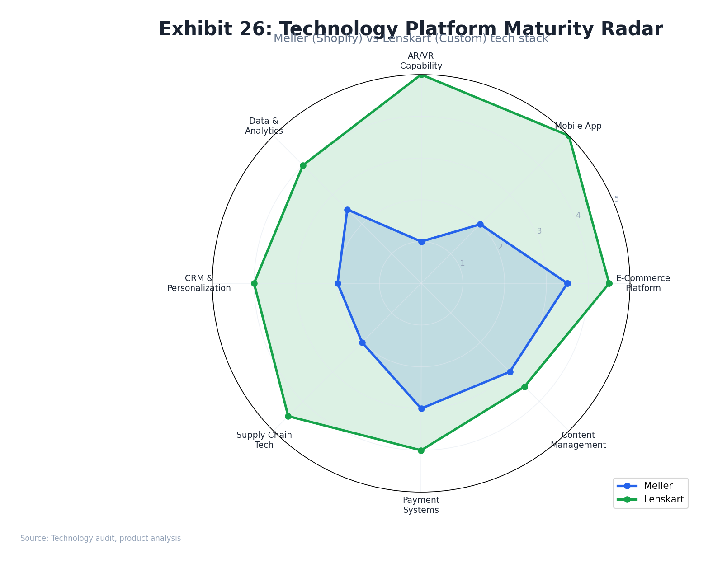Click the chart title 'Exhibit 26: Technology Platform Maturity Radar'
[411, 29]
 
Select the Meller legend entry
[658, 486]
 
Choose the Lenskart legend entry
[663, 499]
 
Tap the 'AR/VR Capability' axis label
[421, 61]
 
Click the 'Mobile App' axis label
[578, 126]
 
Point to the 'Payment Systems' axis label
[421, 505]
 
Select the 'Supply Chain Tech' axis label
[264, 440]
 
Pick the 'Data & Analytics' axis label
[264, 126]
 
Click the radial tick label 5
[616, 199]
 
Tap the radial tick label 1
[462, 263]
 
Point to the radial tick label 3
[539, 231]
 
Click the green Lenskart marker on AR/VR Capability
[421, 75]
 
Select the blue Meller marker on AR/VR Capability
[421, 242]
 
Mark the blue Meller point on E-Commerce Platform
[567, 283]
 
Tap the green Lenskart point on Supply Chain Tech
[288, 416]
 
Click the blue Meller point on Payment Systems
[421, 408]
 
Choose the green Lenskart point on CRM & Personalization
[254, 283]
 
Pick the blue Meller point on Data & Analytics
[347, 210]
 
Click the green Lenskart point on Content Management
[524, 387]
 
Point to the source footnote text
[100, 538]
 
